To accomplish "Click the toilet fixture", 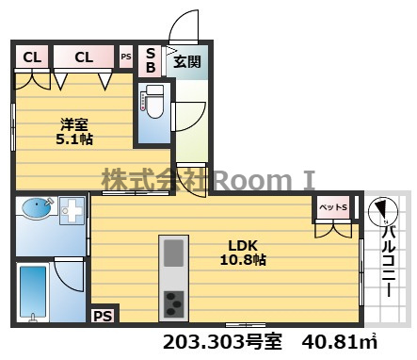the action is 154,102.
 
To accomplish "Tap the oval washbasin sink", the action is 37,208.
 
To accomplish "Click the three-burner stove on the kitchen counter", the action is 174,303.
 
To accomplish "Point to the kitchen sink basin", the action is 173,253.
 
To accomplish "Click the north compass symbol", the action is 382,211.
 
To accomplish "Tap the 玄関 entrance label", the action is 187,61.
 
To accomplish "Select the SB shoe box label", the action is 151,60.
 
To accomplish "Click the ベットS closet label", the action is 333,207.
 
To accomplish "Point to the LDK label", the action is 243,245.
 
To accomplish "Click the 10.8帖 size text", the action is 243,260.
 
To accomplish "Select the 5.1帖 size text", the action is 74,139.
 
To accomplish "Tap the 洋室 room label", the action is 74,124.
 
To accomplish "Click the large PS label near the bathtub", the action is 104,316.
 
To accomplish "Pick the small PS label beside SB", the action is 126,57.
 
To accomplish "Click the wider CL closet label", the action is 84,57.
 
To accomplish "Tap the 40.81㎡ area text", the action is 339,342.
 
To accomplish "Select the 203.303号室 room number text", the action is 223,342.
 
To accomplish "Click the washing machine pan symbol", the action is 72,210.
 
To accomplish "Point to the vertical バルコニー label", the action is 389,262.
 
